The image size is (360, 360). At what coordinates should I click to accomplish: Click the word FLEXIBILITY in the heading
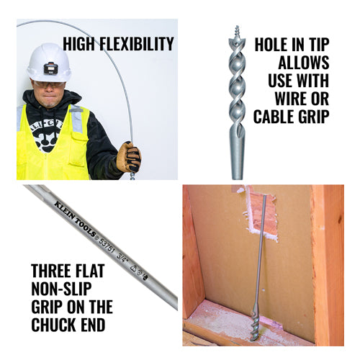[136, 44]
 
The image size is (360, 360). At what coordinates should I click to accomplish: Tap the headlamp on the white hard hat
[51, 68]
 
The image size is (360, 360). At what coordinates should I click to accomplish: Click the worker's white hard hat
[49, 63]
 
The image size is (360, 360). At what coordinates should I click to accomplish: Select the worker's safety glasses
[49, 84]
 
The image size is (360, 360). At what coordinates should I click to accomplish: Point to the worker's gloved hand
[128, 157]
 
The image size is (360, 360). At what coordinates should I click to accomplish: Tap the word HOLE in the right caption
[271, 45]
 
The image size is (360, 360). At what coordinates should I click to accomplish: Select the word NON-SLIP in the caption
[61, 289]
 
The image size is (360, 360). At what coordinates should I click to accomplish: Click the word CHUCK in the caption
[53, 325]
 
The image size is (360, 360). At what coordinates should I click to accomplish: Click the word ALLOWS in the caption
[304, 63]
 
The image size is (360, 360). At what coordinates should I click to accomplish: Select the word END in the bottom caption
[93, 325]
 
